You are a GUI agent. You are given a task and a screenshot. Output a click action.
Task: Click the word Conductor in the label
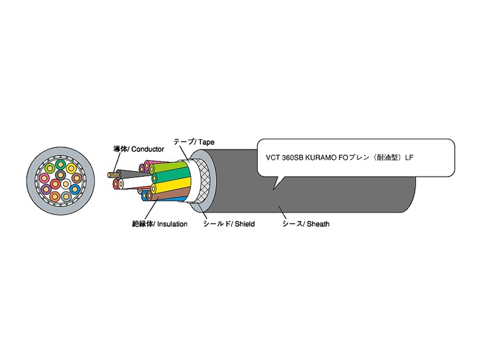(x=147, y=149)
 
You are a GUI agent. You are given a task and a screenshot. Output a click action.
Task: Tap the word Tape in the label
(x=205, y=142)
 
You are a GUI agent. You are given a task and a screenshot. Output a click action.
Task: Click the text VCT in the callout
(x=272, y=157)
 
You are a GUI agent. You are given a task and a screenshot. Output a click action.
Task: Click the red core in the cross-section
(x=55, y=184)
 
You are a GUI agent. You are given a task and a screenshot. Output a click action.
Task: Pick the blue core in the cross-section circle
(x=74, y=189)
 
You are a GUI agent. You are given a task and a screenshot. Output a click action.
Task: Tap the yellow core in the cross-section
(x=71, y=169)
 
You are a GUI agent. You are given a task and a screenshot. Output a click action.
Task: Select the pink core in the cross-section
(x=44, y=178)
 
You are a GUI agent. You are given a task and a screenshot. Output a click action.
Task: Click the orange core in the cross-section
(x=55, y=196)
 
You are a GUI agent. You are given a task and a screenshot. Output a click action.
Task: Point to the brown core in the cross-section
(x=76, y=178)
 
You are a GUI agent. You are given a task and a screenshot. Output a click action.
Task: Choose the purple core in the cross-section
(x=46, y=189)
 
